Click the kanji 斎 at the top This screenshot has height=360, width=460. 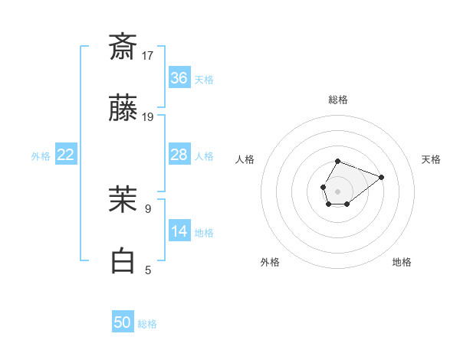click(x=123, y=47)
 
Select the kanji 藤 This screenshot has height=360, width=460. click(x=123, y=110)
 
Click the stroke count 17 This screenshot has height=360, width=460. click(x=148, y=55)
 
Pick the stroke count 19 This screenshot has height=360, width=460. click(x=148, y=117)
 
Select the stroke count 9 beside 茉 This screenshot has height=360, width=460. click(x=148, y=208)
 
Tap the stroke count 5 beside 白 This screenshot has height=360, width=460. click(x=148, y=270)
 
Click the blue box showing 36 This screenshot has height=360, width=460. click(x=179, y=78)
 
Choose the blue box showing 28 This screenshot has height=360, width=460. click(x=179, y=155)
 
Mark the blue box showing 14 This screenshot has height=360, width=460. click(x=179, y=231)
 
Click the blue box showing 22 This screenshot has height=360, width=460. click(x=66, y=155)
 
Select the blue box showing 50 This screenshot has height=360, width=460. click(x=123, y=322)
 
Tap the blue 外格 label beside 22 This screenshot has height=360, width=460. click(x=41, y=156)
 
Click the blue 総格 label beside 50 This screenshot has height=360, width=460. click(x=148, y=324)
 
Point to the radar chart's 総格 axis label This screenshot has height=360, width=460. click(x=338, y=100)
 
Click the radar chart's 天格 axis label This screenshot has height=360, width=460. click(x=432, y=159)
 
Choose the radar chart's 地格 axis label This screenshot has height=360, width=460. click(x=402, y=262)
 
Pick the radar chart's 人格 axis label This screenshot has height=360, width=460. click(x=245, y=159)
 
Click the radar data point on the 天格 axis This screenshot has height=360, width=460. click(x=381, y=177)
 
